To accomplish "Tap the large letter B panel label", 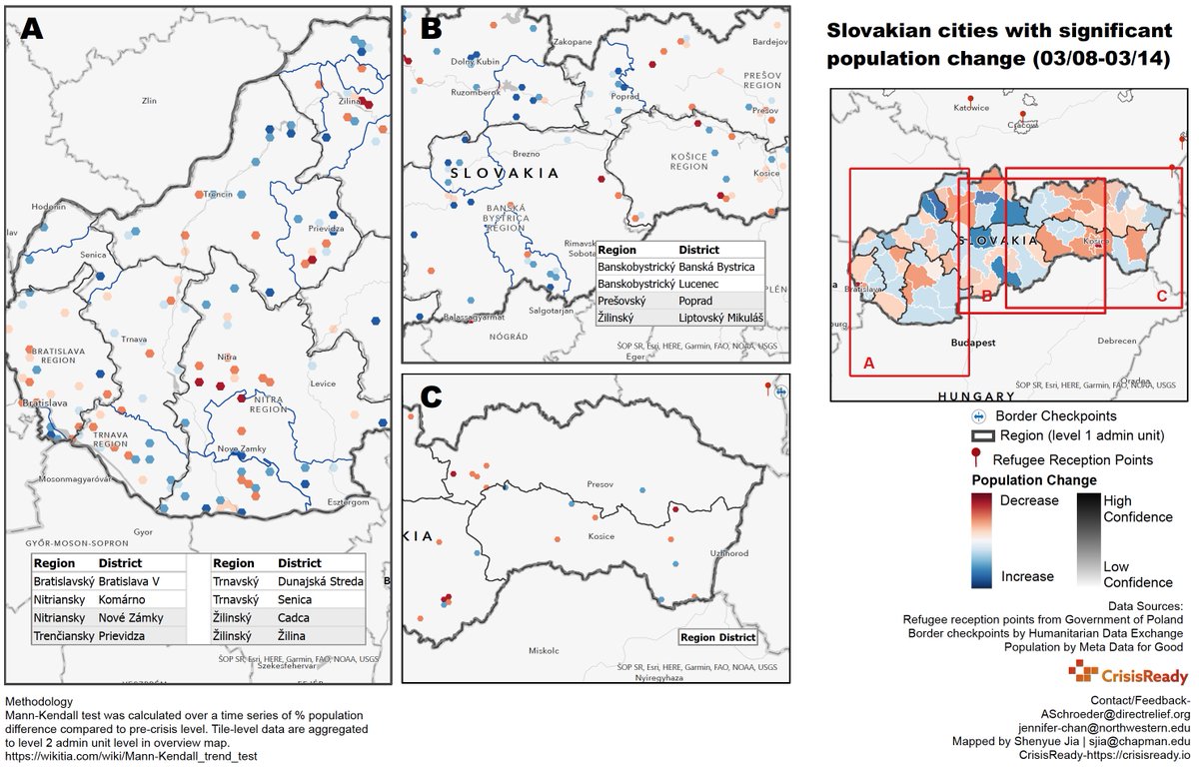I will click(x=431, y=30).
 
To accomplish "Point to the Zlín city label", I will click(x=151, y=101).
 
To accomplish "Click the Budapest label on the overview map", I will click(x=972, y=343).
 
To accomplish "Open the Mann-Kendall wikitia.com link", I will click(x=131, y=756).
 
